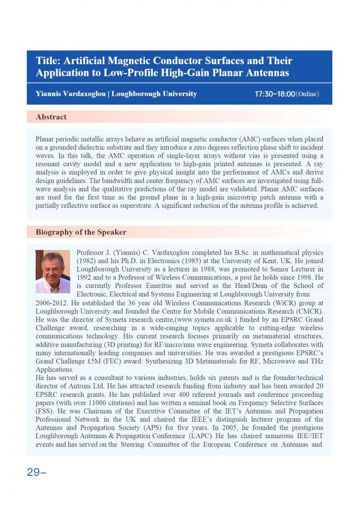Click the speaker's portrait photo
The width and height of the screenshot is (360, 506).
point(53,271)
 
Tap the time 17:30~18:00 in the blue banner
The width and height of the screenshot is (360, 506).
point(274,94)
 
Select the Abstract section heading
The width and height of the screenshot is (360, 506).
point(51,117)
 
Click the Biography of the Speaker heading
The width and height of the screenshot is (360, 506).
point(81,232)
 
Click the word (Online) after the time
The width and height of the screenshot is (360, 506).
point(307,94)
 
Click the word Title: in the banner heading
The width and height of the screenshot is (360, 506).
point(47,61)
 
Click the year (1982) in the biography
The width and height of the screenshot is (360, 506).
point(86,261)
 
